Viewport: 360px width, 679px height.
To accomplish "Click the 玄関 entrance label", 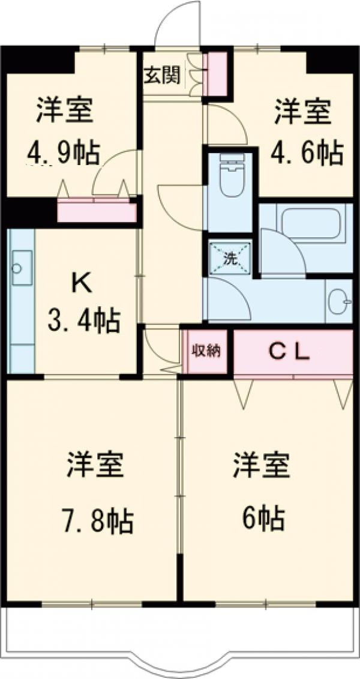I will pyautogui.click(x=161, y=76).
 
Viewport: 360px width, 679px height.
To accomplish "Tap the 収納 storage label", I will pyautogui.click(x=206, y=352).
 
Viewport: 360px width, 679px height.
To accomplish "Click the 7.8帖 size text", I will pyautogui.click(x=95, y=521).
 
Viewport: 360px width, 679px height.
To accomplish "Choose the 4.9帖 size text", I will pyautogui.click(x=62, y=155).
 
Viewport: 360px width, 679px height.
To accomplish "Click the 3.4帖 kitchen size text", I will pyautogui.click(x=84, y=322).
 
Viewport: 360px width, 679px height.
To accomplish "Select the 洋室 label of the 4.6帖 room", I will pyautogui.click(x=304, y=113).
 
